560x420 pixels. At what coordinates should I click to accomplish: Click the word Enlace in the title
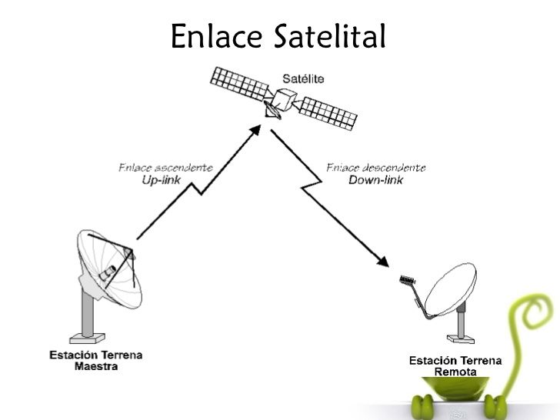[218, 36]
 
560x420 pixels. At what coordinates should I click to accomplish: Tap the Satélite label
[303, 78]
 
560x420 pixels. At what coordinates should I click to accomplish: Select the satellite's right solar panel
[328, 112]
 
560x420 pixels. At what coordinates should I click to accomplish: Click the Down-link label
[375, 180]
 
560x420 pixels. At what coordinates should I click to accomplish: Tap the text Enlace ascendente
[166, 167]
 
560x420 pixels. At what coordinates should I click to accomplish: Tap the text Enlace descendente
[375, 168]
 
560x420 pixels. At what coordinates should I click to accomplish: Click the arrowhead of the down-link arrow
[384, 261]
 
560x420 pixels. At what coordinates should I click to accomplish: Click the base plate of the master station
[87, 336]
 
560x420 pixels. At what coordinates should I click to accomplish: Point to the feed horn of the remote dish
[407, 280]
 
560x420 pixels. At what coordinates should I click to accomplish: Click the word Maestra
[96, 366]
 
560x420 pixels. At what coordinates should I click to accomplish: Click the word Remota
[455, 372]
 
